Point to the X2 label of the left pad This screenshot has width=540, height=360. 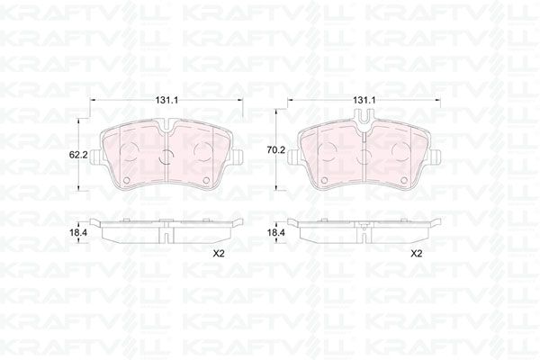(217, 253)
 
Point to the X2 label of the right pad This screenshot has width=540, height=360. (416, 253)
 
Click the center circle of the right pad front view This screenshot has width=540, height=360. (364, 155)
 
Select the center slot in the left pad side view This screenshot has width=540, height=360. (167, 232)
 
